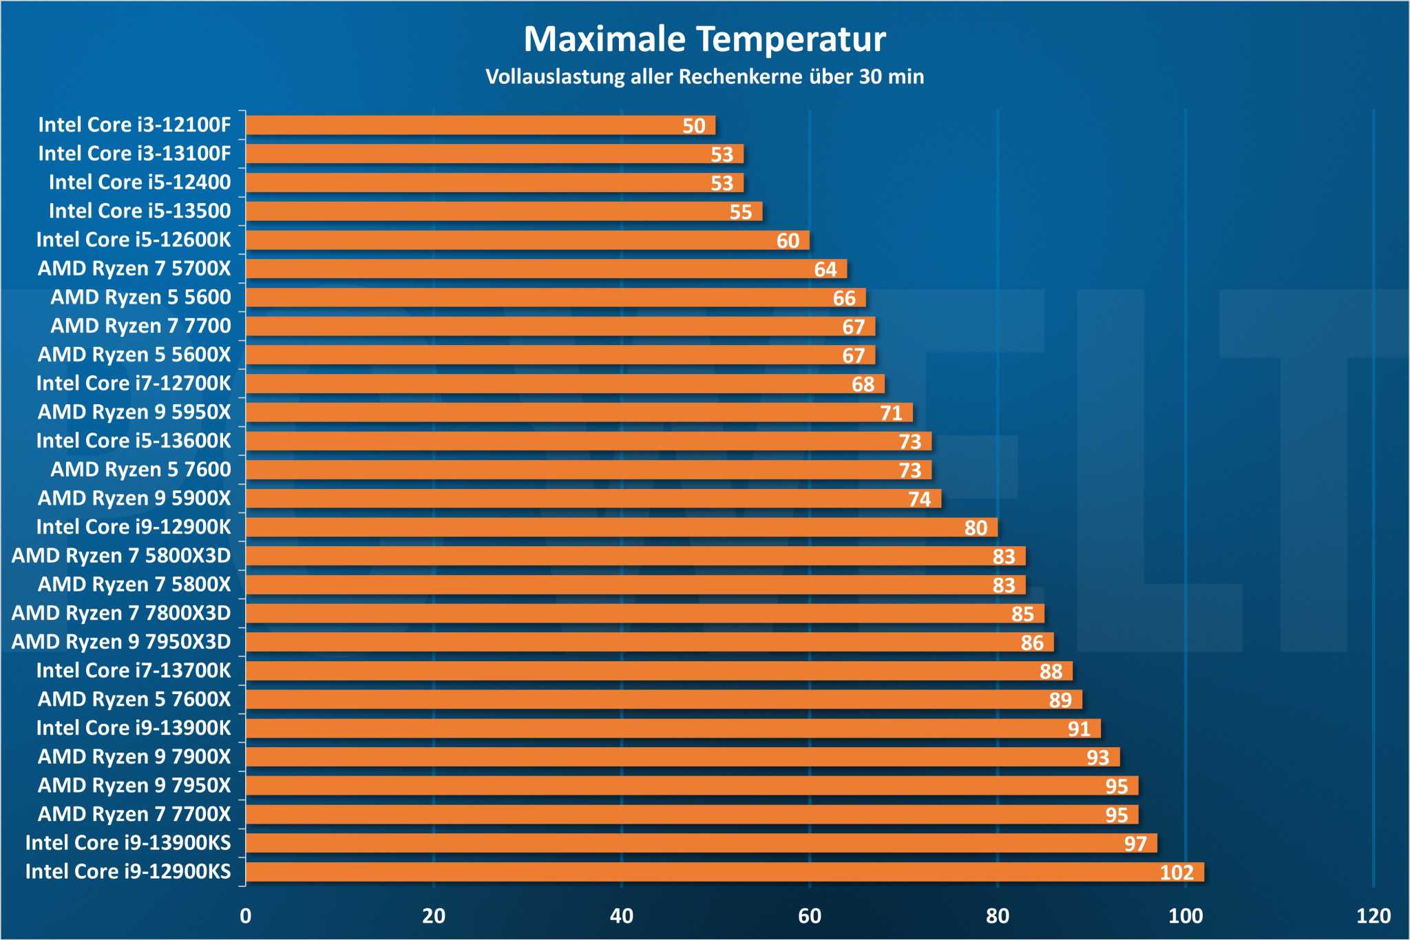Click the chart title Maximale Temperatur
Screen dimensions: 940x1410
coord(704,39)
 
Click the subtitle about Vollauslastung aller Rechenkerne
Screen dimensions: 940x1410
coord(704,76)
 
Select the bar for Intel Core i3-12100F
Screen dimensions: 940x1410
coord(480,125)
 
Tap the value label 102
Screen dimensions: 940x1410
coord(1176,873)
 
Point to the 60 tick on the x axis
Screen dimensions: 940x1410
coord(809,916)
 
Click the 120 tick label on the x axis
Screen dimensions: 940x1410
coord(1373,916)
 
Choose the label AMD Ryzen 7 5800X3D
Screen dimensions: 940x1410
coord(121,556)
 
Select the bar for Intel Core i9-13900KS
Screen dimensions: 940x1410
coord(701,843)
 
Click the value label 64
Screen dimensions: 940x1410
coord(825,269)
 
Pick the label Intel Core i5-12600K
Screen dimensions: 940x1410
coord(134,240)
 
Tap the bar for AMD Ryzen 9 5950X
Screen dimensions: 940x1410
coord(578,412)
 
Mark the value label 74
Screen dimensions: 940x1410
coord(919,499)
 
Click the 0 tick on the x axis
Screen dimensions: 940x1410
coord(246,916)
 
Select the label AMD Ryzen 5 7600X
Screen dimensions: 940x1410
coord(134,700)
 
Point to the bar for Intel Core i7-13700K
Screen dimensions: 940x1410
coord(658,671)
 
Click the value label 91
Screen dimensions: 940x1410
coord(1079,729)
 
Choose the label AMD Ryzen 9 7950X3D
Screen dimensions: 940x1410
coord(121,642)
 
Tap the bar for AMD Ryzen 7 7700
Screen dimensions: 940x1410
coord(560,326)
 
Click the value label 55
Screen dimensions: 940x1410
coord(741,212)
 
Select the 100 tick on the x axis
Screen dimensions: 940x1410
coord(1185,916)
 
